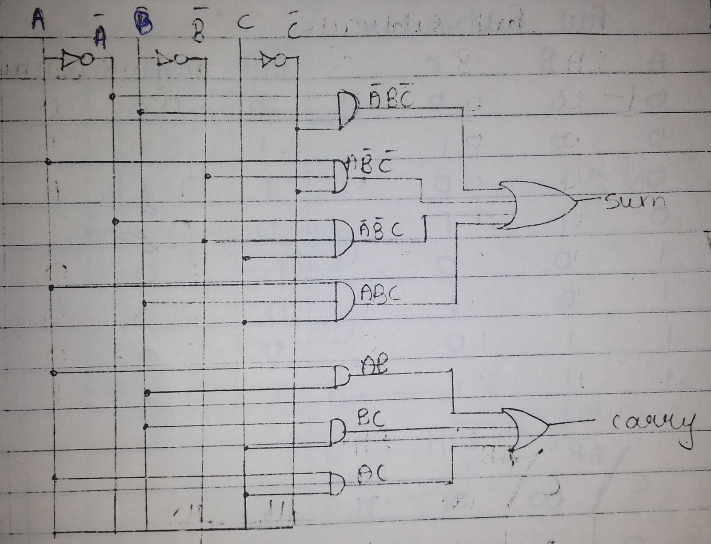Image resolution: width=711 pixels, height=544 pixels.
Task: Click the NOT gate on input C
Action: point(272,60)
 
